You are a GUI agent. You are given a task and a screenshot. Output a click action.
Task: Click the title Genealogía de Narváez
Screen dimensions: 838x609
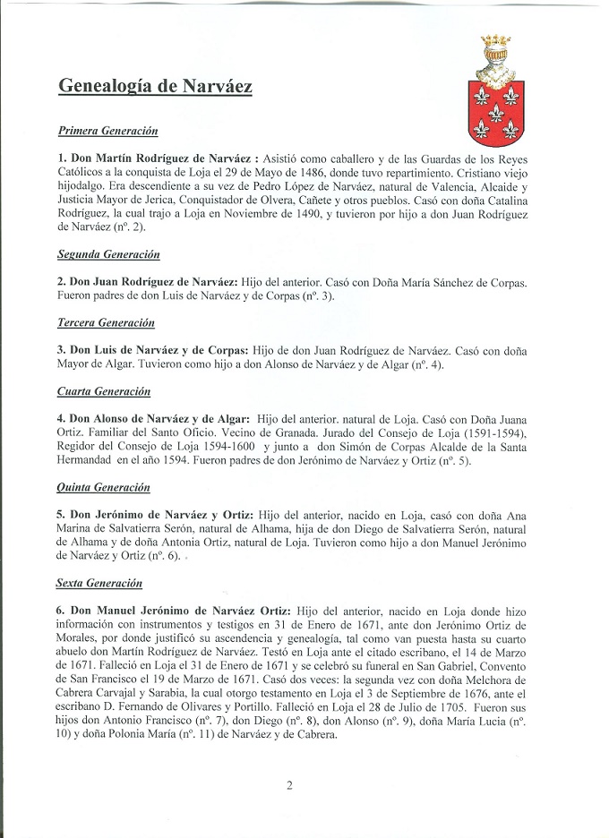[155, 86]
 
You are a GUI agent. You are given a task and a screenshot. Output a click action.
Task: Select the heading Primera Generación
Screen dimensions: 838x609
[107, 131]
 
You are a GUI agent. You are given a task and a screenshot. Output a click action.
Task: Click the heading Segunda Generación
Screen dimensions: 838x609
[108, 254]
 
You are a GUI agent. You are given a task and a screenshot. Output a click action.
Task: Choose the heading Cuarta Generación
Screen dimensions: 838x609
[104, 392]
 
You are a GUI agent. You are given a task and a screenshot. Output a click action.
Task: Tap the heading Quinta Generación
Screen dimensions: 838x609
[104, 488]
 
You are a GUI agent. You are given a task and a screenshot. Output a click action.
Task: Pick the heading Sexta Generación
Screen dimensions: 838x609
[100, 584]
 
